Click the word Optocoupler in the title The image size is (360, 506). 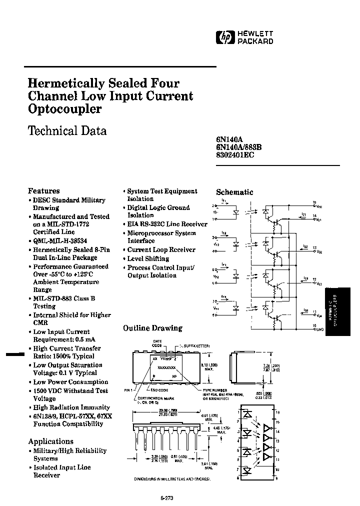tap(64, 109)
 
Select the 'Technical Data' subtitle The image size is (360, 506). tap(67, 131)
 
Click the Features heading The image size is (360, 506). tap(43, 190)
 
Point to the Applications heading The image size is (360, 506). tap(50, 441)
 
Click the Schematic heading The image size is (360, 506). tap(234, 192)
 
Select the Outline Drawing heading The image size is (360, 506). tap(152, 328)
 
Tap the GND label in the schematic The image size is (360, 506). tap(320, 329)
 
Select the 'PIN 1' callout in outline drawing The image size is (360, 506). tap(128, 389)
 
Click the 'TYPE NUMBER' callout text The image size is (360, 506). tap(215, 389)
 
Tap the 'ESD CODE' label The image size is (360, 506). tap(158, 389)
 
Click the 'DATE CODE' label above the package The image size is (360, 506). tap(157, 343)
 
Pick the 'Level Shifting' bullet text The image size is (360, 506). tap(148, 258)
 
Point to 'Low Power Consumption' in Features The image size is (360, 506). tap(70, 382)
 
